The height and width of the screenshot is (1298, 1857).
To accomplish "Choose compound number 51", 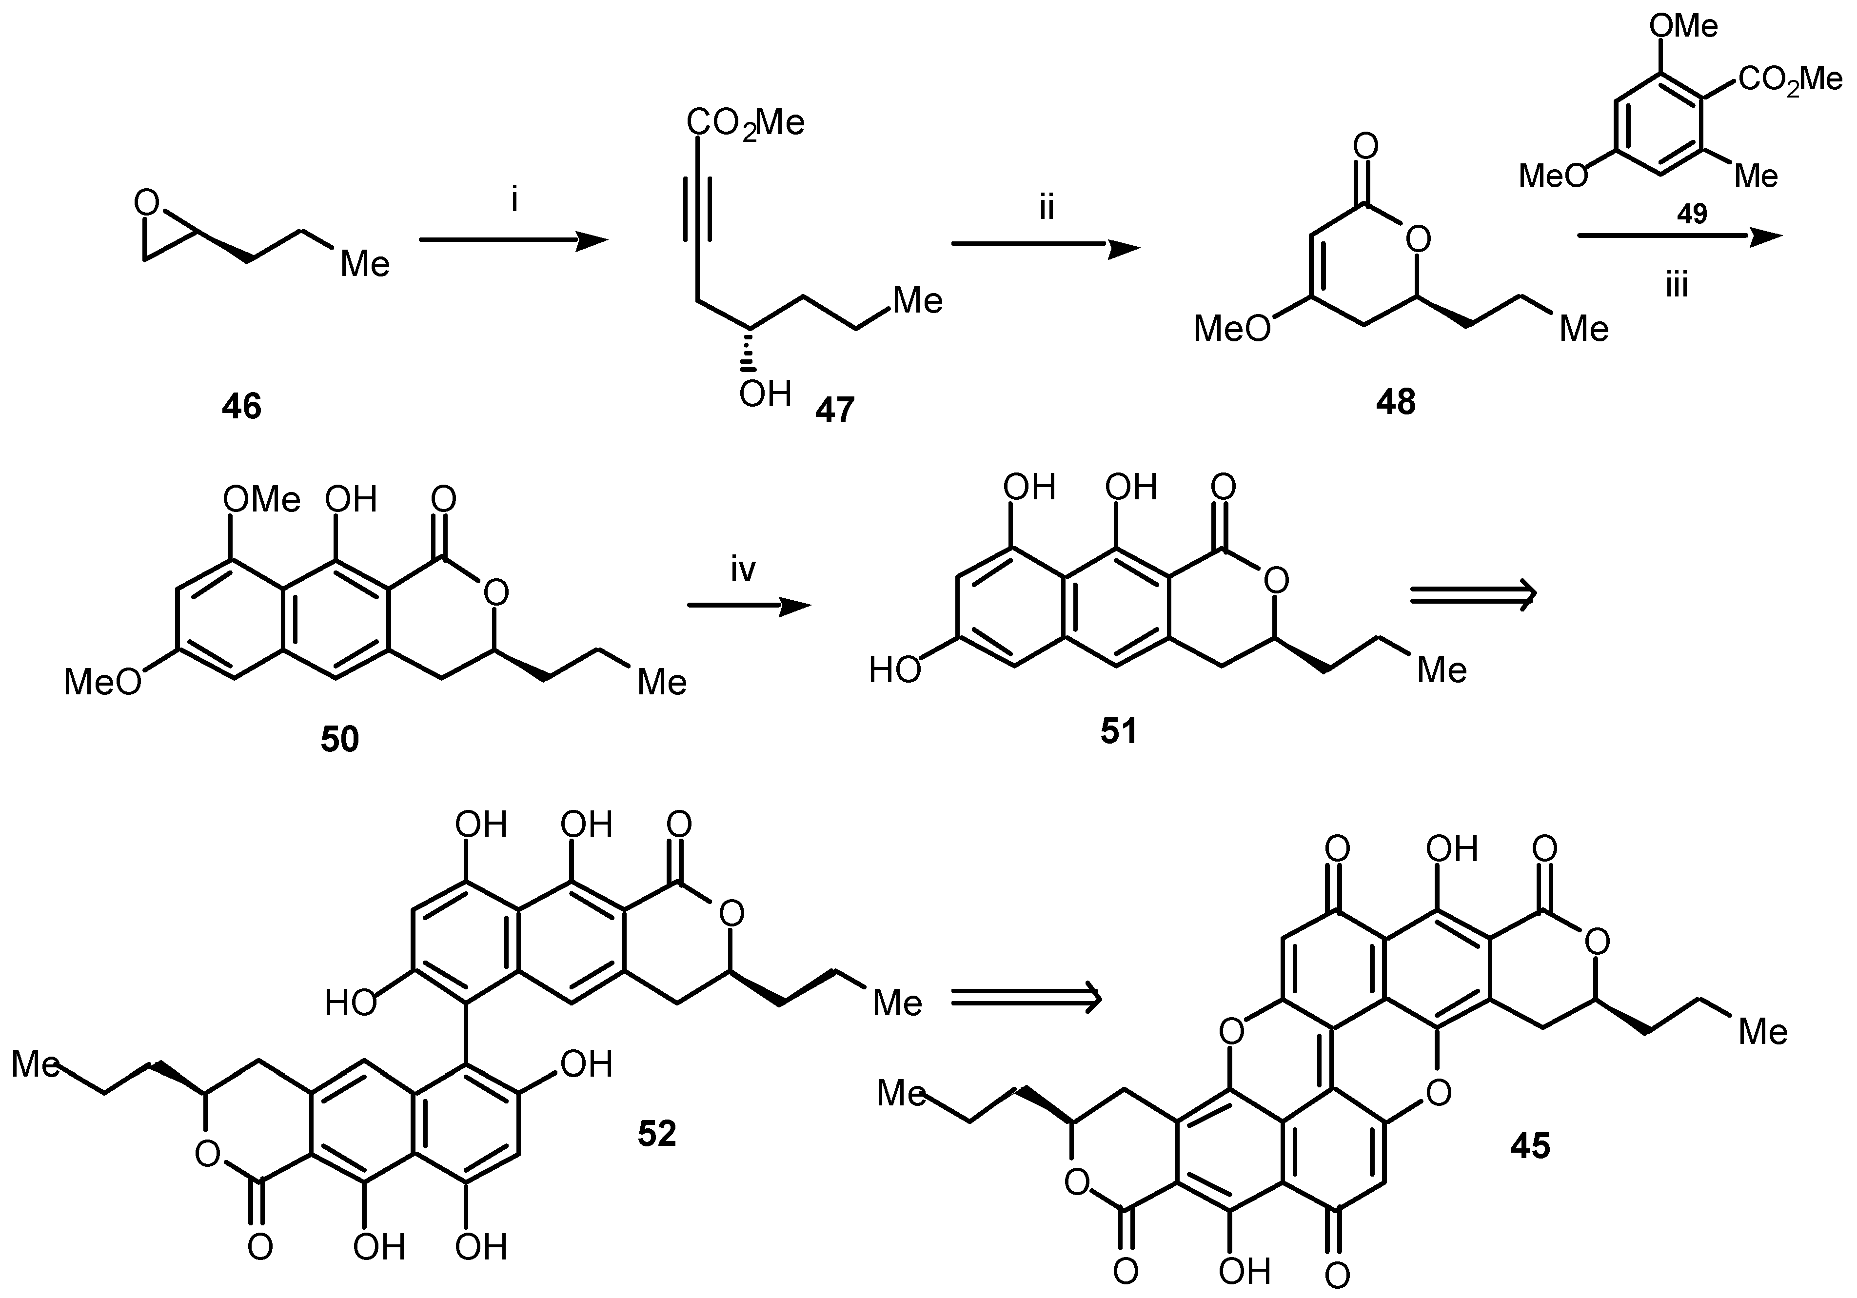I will [x=1119, y=731].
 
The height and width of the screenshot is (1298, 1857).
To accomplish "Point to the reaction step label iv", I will [x=743, y=570].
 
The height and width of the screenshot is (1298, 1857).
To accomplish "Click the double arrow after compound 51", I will [x=1473, y=596].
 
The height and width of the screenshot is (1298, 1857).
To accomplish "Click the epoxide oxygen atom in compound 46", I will [x=146, y=202].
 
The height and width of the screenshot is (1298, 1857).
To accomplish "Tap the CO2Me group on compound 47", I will [x=745, y=124].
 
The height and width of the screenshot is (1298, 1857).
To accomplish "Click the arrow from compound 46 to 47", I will [x=513, y=240].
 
